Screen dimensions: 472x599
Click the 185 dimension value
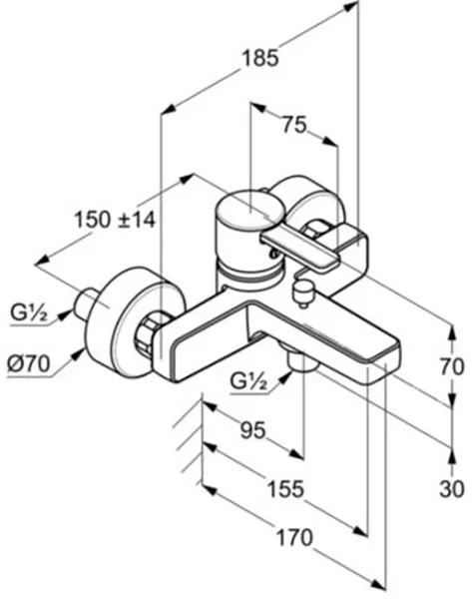coord(261,59)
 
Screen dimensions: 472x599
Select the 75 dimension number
coord(294,124)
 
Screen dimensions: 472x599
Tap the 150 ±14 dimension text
coord(115,220)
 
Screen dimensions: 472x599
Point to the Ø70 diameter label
coord(29,363)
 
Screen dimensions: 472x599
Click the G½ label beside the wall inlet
coord(29,313)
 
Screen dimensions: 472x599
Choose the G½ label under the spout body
coord(248,381)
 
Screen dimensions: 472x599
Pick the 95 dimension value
coord(252,430)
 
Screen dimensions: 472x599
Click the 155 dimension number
coord(285,489)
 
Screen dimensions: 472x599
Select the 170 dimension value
coord(294,537)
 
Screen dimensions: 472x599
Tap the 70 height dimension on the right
coord(452,367)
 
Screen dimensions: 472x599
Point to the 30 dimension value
coord(452,489)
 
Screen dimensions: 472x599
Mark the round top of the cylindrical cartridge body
coord(250,211)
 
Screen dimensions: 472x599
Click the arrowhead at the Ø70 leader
coord(78,353)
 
